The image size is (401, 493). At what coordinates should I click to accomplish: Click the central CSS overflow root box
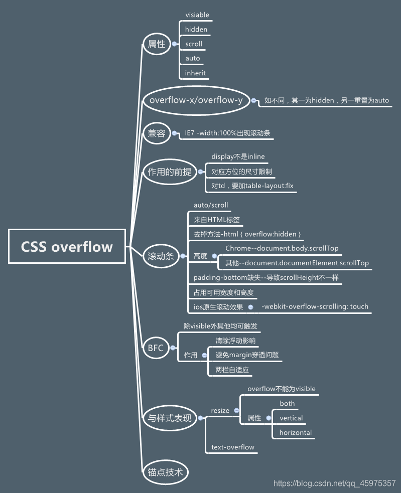click(x=67, y=246)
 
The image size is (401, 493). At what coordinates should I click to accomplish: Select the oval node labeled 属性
click(x=156, y=44)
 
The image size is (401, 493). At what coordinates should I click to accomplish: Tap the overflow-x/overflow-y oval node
click(x=196, y=100)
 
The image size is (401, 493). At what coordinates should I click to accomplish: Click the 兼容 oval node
click(x=156, y=133)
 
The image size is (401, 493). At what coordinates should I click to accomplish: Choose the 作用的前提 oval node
click(x=169, y=172)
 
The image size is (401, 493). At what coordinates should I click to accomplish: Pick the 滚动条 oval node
click(x=161, y=256)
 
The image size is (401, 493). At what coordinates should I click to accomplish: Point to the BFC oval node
click(x=156, y=348)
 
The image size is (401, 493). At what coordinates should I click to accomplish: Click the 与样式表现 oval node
click(x=169, y=418)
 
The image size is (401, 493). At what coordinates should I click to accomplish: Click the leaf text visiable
click(x=197, y=15)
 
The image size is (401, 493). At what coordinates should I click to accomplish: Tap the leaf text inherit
click(x=195, y=73)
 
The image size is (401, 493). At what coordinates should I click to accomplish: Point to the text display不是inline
click(x=237, y=157)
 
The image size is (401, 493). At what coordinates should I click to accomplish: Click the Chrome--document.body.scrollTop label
click(x=282, y=248)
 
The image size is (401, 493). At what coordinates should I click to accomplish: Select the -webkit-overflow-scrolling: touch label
click(x=315, y=306)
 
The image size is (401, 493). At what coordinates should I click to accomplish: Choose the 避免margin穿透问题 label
click(x=247, y=355)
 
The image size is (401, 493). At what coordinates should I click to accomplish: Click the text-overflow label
click(x=233, y=447)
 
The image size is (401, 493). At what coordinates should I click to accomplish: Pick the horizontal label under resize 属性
click(x=296, y=432)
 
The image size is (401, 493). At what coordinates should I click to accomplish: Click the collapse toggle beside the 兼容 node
click(x=175, y=133)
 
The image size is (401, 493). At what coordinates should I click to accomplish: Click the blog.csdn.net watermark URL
click(x=334, y=483)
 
